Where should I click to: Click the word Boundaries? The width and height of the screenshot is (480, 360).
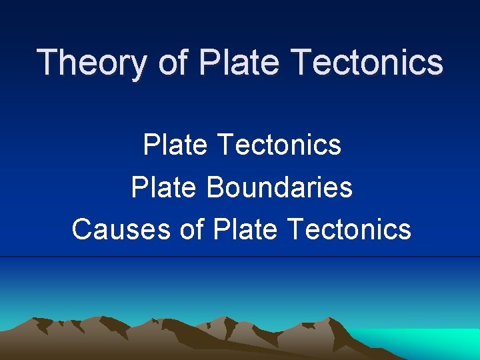pyautogui.click(x=279, y=187)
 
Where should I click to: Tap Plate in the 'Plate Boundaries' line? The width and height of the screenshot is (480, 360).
pyautogui.click(x=166, y=187)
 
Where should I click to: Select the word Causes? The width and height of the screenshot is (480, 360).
pyautogui.click(x=122, y=229)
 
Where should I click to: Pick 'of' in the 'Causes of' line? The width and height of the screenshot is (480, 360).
pyautogui.click(x=193, y=229)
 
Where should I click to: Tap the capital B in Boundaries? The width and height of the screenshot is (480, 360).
pyautogui.click(x=215, y=187)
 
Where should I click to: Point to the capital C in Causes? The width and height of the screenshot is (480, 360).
pyautogui.click(x=81, y=229)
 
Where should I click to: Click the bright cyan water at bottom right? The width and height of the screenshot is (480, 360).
pyautogui.click(x=427, y=341)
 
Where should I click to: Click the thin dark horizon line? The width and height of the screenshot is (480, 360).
pyautogui.click(x=240, y=257)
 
